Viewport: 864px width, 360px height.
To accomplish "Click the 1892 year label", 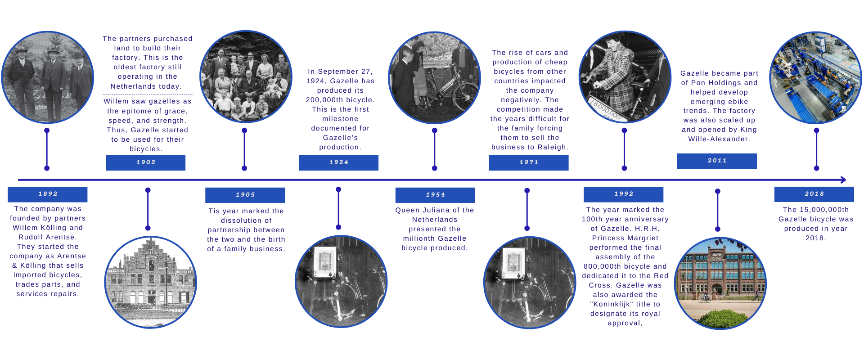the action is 48,194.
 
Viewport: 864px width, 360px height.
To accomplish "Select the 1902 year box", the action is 145,162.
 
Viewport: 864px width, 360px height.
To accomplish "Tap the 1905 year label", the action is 245,195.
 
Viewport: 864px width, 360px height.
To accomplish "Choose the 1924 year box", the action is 338,162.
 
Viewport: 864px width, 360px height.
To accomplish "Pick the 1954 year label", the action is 435,195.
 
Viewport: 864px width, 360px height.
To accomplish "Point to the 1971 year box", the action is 529,162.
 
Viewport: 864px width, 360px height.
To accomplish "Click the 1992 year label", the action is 624,194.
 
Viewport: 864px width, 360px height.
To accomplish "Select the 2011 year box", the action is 717,161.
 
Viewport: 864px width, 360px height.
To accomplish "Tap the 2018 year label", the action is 814,194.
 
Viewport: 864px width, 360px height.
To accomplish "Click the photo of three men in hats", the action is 48,77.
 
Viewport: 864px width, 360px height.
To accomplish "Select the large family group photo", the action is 246,76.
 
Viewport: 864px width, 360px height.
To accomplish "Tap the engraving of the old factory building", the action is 151,282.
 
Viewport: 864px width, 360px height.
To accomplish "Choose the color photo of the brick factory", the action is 720,283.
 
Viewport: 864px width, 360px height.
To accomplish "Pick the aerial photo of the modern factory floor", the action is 816,77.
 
